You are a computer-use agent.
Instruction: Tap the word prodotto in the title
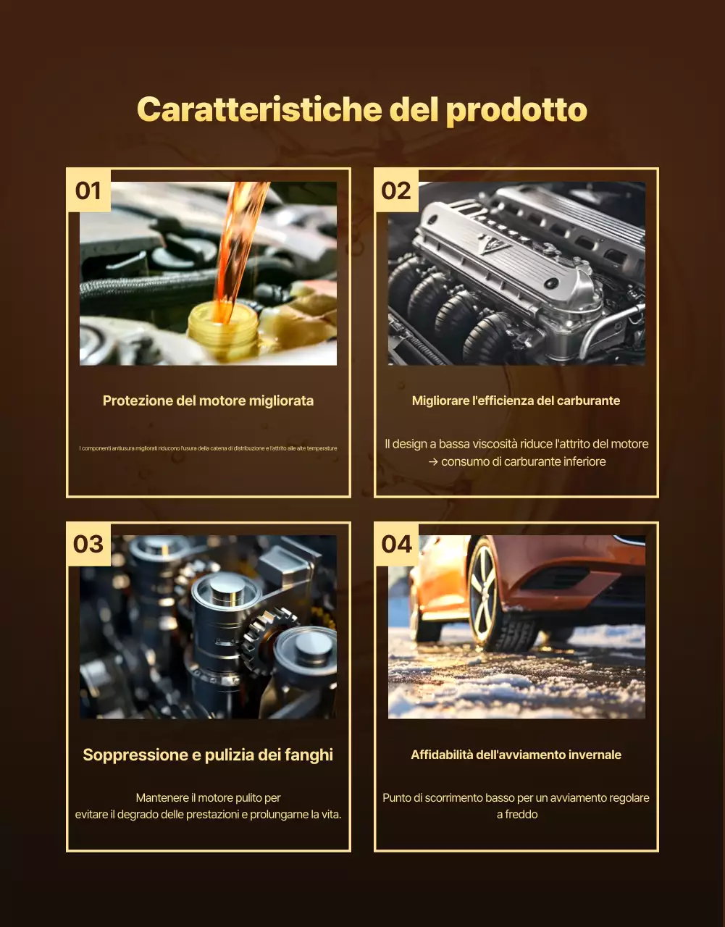(516, 110)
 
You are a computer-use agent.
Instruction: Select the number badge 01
(88, 190)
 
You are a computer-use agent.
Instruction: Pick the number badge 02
(396, 190)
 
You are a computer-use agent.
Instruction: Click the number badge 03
(88, 544)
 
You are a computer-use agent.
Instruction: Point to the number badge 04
(396, 544)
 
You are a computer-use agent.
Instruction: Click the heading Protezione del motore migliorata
(208, 400)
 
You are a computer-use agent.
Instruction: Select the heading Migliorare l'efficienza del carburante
(516, 400)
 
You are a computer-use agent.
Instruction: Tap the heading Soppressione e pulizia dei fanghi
(208, 755)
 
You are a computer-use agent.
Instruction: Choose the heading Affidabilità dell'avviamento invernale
(516, 755)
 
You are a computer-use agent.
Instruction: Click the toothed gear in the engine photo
(268, 637)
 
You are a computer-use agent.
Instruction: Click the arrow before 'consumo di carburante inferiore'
(433, 461)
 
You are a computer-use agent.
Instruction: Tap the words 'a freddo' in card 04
(516, 814)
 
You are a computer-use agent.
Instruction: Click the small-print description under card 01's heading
(208, 448)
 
